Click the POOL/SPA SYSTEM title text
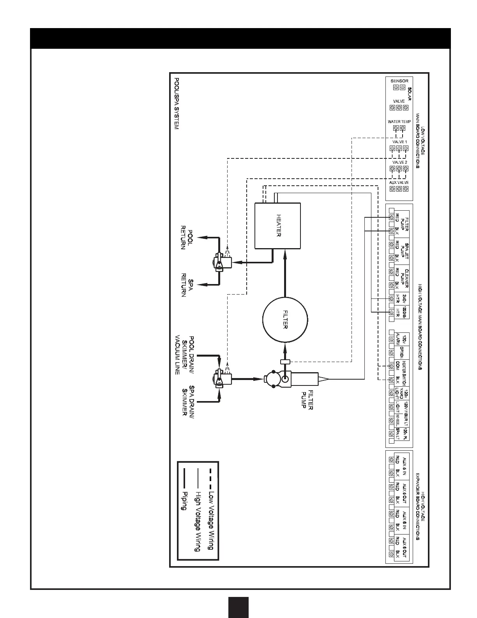[x=176, y=103]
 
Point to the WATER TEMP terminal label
[x=399, y=122]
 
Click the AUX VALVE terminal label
[x=399, y=183]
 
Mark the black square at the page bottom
[x=238, y=607]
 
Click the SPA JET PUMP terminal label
[x=405, y=251]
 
